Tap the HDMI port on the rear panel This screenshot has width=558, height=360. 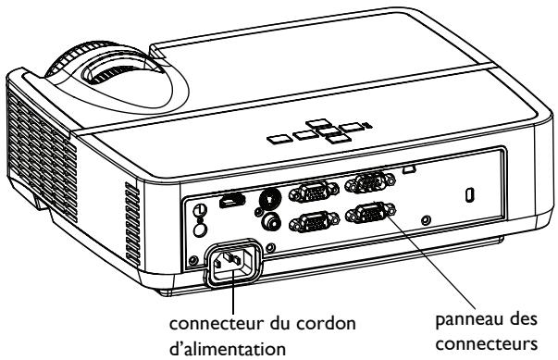click(226, 202)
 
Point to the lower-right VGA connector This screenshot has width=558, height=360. click(365, 218)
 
